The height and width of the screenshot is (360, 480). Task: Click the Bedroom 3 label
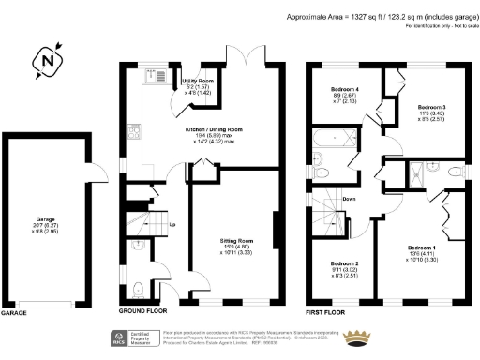tap(430, 108)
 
